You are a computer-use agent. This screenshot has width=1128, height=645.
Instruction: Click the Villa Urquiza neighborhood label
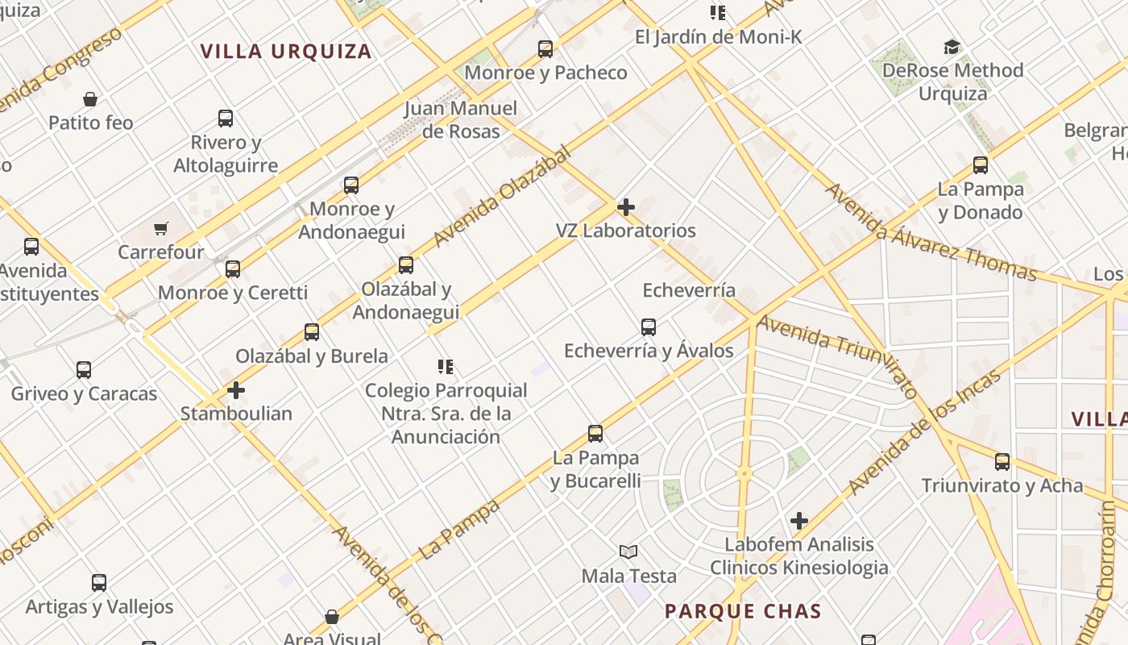(286, 52)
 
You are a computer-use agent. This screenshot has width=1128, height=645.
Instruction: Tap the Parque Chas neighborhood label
(742, 611)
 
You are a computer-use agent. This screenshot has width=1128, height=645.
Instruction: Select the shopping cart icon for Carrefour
(161, 229)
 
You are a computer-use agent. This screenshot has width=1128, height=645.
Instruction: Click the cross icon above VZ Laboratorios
(625, 207)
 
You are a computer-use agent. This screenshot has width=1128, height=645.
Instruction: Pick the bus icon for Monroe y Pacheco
(545, 49)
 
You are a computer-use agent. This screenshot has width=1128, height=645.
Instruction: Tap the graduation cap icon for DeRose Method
(952, 48)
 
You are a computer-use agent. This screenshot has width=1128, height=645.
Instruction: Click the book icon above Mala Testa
(628, 552)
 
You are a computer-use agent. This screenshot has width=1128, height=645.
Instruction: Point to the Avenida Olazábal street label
(501, 197)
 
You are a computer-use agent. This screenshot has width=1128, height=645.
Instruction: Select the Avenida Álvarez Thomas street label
(931, 232)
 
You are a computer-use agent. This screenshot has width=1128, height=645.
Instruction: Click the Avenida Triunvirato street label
(838, 356)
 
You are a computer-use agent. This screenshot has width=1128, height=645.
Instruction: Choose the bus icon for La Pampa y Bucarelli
(595, 434)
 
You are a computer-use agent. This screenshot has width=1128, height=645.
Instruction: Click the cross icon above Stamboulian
(235, 390)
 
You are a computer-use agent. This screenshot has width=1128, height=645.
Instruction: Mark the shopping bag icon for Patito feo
(90, 99)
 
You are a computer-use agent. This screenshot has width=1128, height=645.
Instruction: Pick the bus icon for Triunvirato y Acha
(1002, 462)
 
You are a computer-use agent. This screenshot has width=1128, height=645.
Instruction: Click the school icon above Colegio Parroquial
(446, 367)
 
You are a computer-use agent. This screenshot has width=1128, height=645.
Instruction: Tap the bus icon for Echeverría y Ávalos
(649, 327)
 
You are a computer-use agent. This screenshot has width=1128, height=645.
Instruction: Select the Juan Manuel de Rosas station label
(461, 119)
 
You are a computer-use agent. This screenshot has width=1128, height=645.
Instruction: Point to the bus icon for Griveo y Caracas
(84, 370)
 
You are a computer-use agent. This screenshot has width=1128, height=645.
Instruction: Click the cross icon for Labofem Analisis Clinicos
(798, 521)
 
